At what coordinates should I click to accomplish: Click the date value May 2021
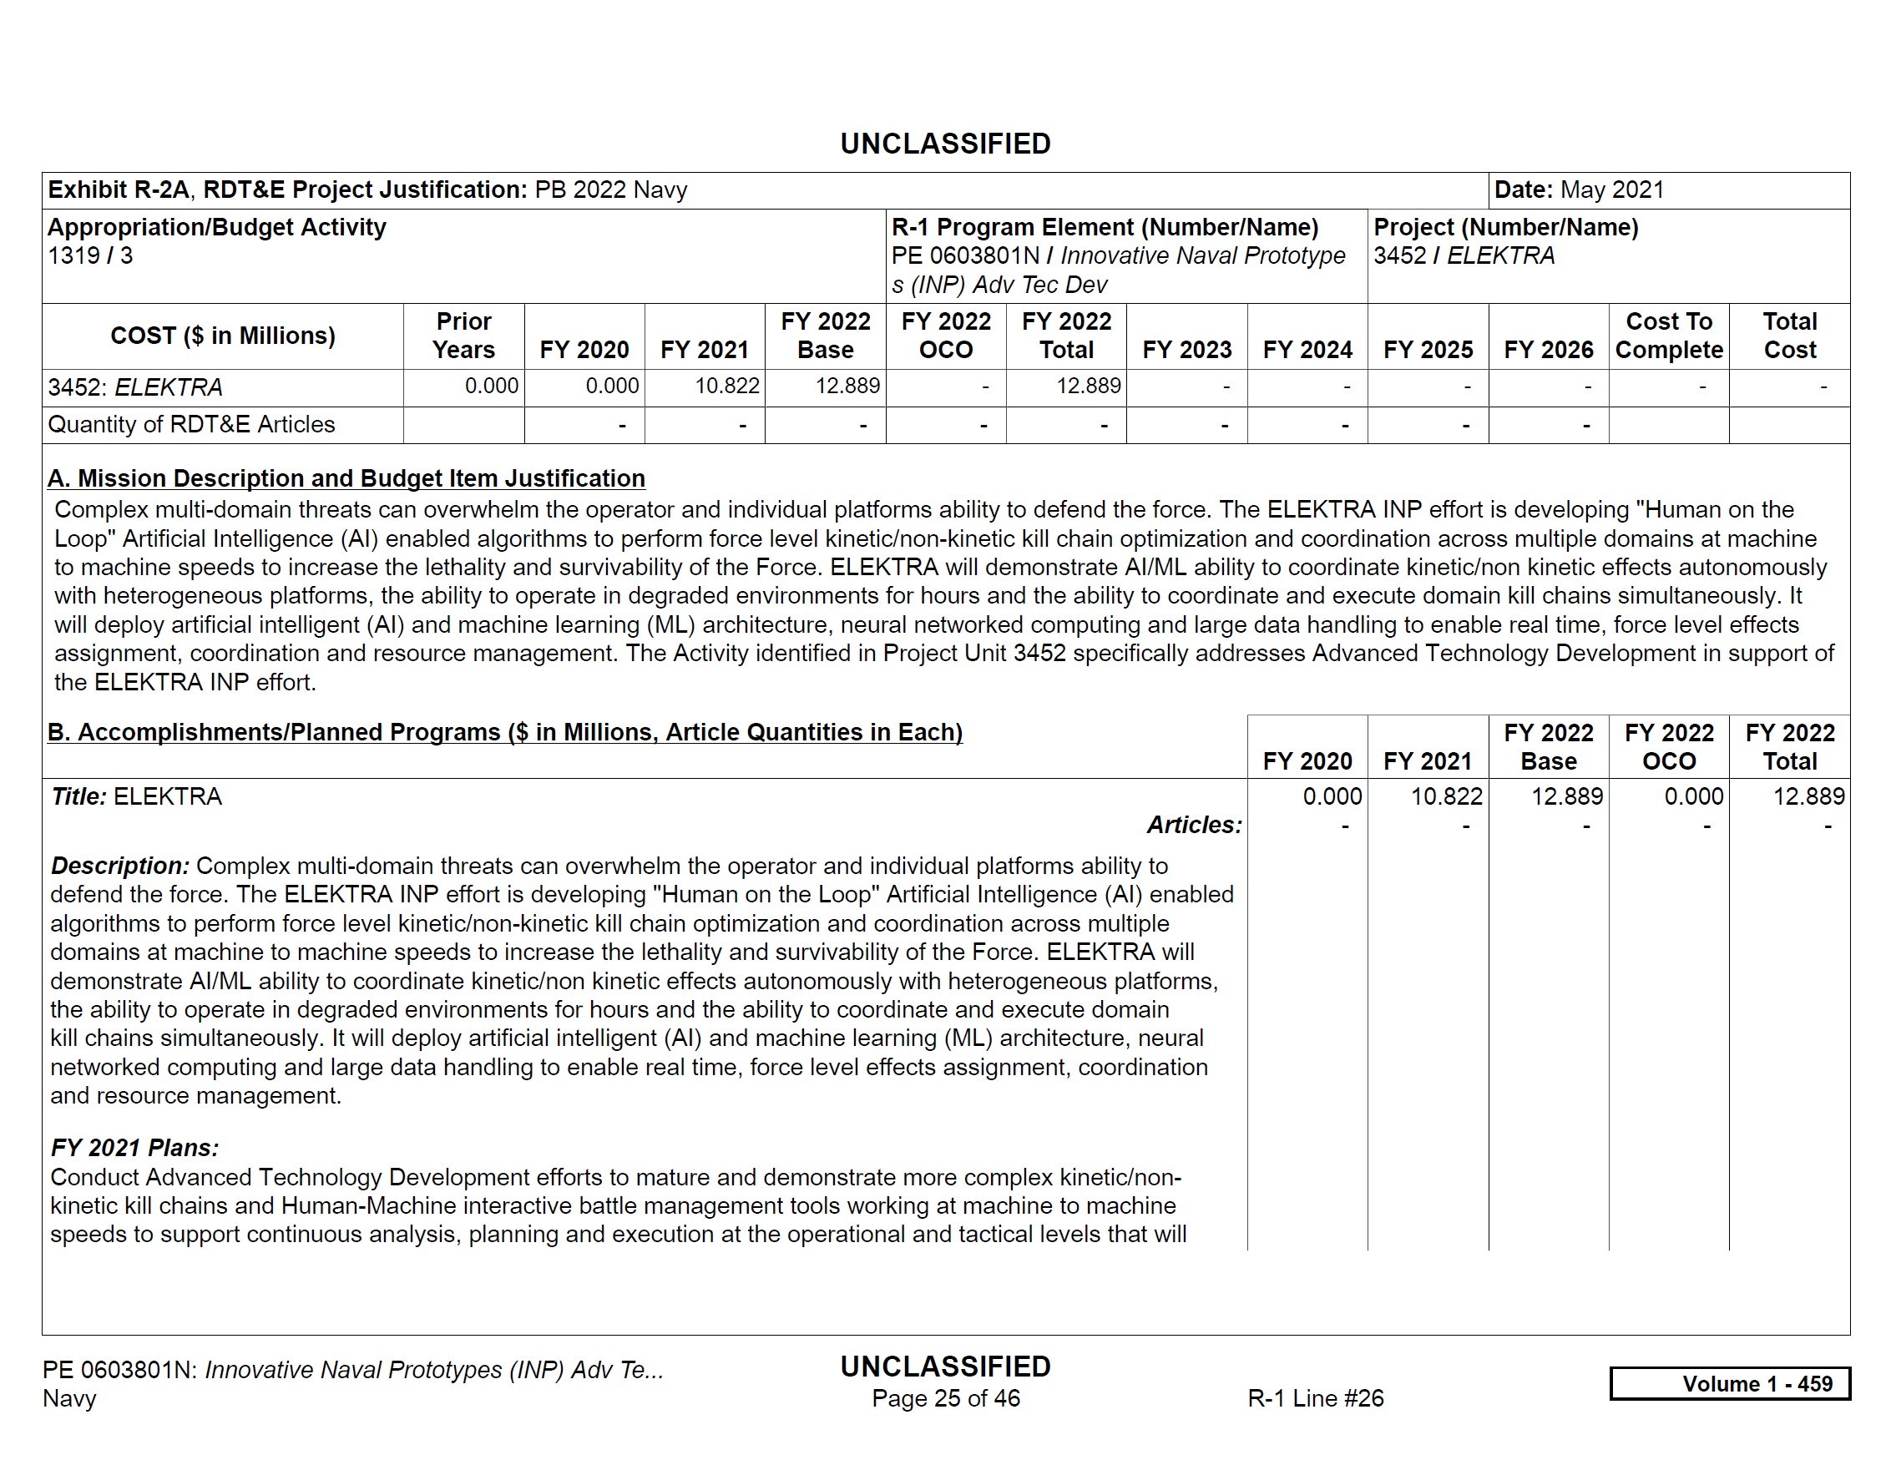1611,190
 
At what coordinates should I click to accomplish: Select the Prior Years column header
463,336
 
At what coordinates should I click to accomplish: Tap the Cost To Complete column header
1668,336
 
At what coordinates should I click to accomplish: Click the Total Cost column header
1789,336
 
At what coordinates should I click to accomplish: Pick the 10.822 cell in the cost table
727,386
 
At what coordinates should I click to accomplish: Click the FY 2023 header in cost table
1186,350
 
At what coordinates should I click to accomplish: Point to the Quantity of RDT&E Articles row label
191,425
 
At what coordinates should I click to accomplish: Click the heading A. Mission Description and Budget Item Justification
346,478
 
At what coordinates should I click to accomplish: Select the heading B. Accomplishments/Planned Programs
504,732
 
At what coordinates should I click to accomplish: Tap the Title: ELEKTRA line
136,797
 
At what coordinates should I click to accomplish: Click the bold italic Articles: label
1194,826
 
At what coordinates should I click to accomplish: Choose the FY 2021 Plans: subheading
134,1149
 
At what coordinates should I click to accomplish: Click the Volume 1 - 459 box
1730,1384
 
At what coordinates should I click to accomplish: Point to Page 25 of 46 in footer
946,1399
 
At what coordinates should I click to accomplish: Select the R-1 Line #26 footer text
1315,1399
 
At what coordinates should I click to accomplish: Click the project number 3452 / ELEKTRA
1464,256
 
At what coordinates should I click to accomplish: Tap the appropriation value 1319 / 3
90,256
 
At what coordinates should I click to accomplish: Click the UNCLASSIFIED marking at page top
946,144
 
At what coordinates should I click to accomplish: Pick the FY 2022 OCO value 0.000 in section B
1693,797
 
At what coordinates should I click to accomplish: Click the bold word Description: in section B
120,866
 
